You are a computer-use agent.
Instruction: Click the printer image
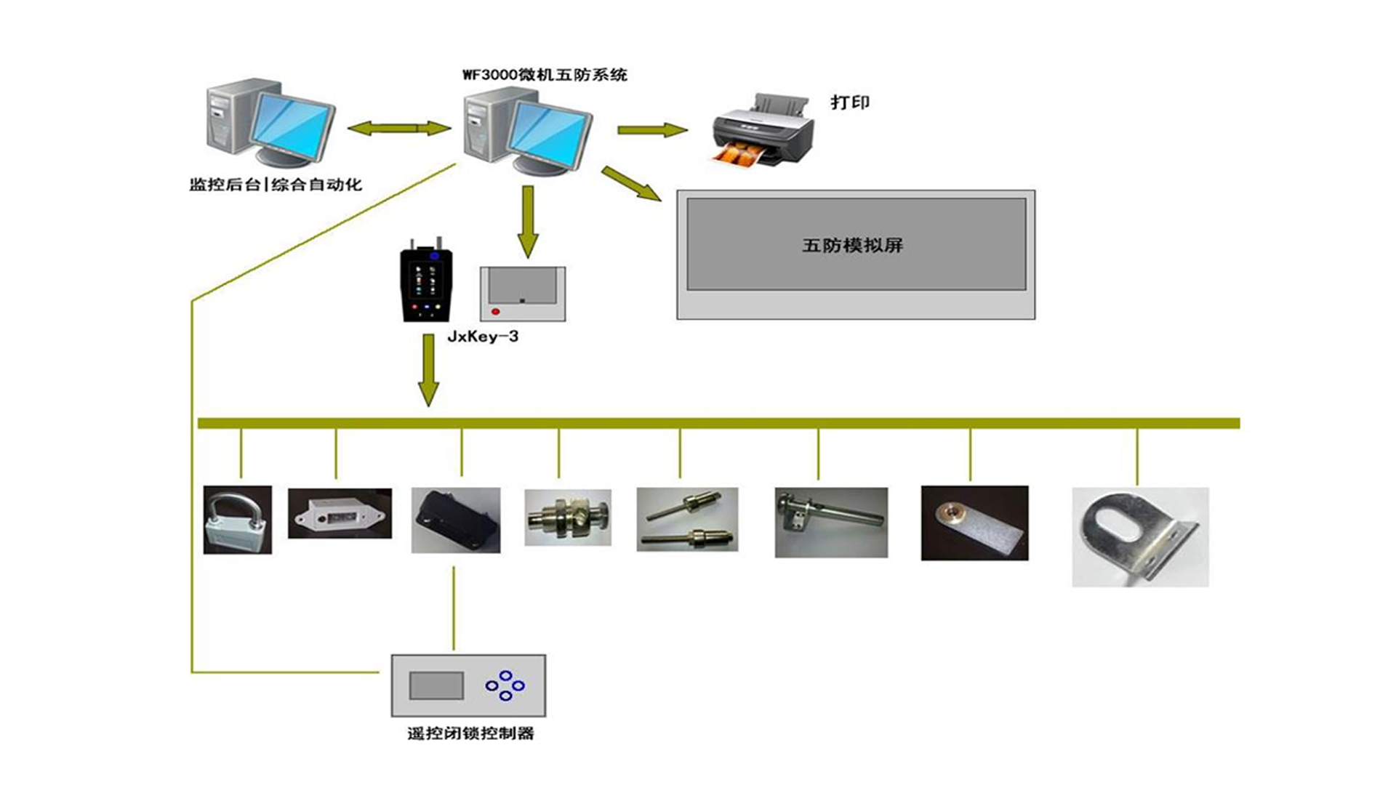(763, 131)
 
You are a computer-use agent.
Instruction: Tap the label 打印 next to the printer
(850, 102)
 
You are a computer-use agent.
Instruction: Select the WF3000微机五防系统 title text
(545, 75)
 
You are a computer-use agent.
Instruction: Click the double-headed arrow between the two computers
(399, 129)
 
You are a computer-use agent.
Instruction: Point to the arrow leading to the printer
(651, 130)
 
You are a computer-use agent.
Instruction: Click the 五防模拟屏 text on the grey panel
(852, 246)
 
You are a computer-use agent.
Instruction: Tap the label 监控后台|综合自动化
(276, 185)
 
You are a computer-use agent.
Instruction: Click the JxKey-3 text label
(483, 337)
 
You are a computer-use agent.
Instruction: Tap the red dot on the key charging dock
(496, 312)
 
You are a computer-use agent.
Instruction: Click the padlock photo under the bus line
(238, 520)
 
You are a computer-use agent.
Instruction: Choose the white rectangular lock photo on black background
(340, 514)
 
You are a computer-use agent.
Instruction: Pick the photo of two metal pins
(687, 519)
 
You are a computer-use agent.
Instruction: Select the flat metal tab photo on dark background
(974, 523)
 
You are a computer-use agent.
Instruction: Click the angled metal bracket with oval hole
(1139, 537)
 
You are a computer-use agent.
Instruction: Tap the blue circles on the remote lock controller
(505, 685)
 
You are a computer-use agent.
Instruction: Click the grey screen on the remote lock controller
(436, 685)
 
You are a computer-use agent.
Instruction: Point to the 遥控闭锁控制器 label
(470, 733)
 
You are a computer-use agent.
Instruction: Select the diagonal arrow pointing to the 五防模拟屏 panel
(630, 183)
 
